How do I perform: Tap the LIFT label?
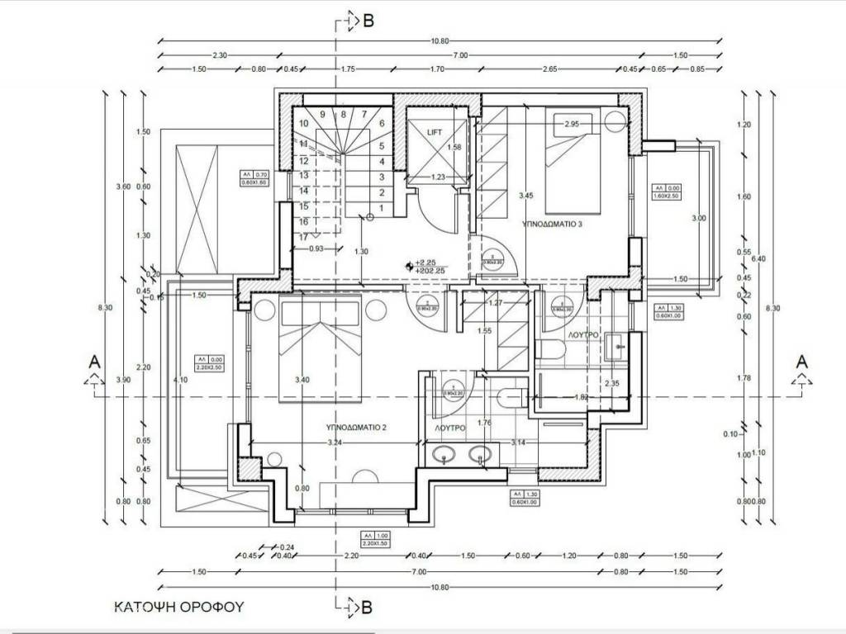435,132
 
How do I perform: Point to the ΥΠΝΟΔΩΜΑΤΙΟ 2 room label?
356,428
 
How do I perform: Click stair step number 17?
303,237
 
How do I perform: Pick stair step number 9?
322,114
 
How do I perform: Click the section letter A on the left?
95,362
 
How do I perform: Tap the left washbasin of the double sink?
447,453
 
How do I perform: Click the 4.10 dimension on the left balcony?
180,380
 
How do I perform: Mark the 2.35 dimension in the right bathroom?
612,383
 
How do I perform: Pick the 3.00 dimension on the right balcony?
699,218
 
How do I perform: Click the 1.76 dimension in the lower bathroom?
485,424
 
